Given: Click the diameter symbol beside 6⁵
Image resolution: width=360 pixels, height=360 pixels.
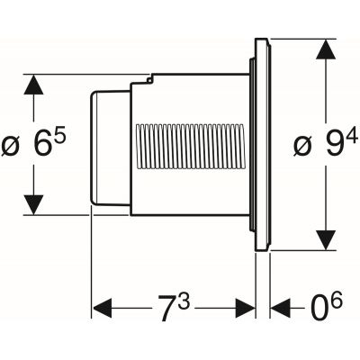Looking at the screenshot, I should point(13,145).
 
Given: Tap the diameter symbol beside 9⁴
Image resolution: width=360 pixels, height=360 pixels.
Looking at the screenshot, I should point(303,145).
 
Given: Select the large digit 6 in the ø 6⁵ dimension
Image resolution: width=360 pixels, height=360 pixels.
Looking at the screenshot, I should point(40,145).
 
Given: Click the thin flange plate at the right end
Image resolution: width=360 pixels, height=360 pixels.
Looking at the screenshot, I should point(262,144).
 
